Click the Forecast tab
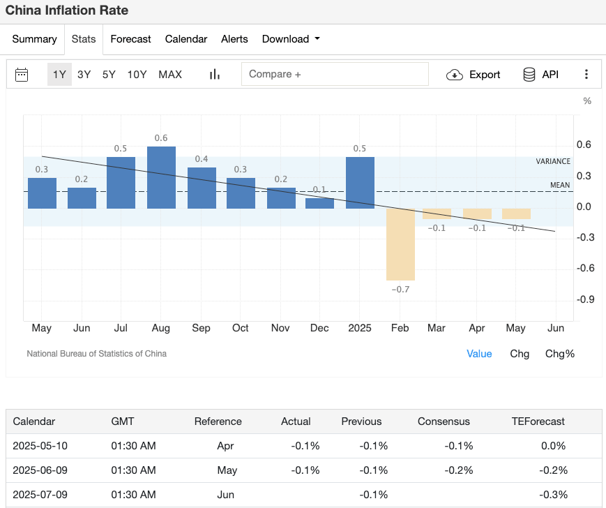pos(130,39)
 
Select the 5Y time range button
pos(109,74)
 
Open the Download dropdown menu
pos(291,39)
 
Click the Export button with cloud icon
pos(474,75)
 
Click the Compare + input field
pos(335,74)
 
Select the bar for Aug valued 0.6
pos(161,177)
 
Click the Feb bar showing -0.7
pos(401,244)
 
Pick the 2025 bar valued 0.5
pos(360,182)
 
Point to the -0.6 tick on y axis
pos(585,268)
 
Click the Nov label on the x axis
pos(280,328)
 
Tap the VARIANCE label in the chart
pos(553,161)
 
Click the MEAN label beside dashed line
pos(560,185)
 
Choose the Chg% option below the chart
pos(559,354)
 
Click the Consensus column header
pos(444,421)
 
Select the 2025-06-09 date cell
pos(40,470)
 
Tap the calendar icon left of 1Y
pos(22,75)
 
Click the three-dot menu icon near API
pos(586,75)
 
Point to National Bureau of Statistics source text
pos(96,354)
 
